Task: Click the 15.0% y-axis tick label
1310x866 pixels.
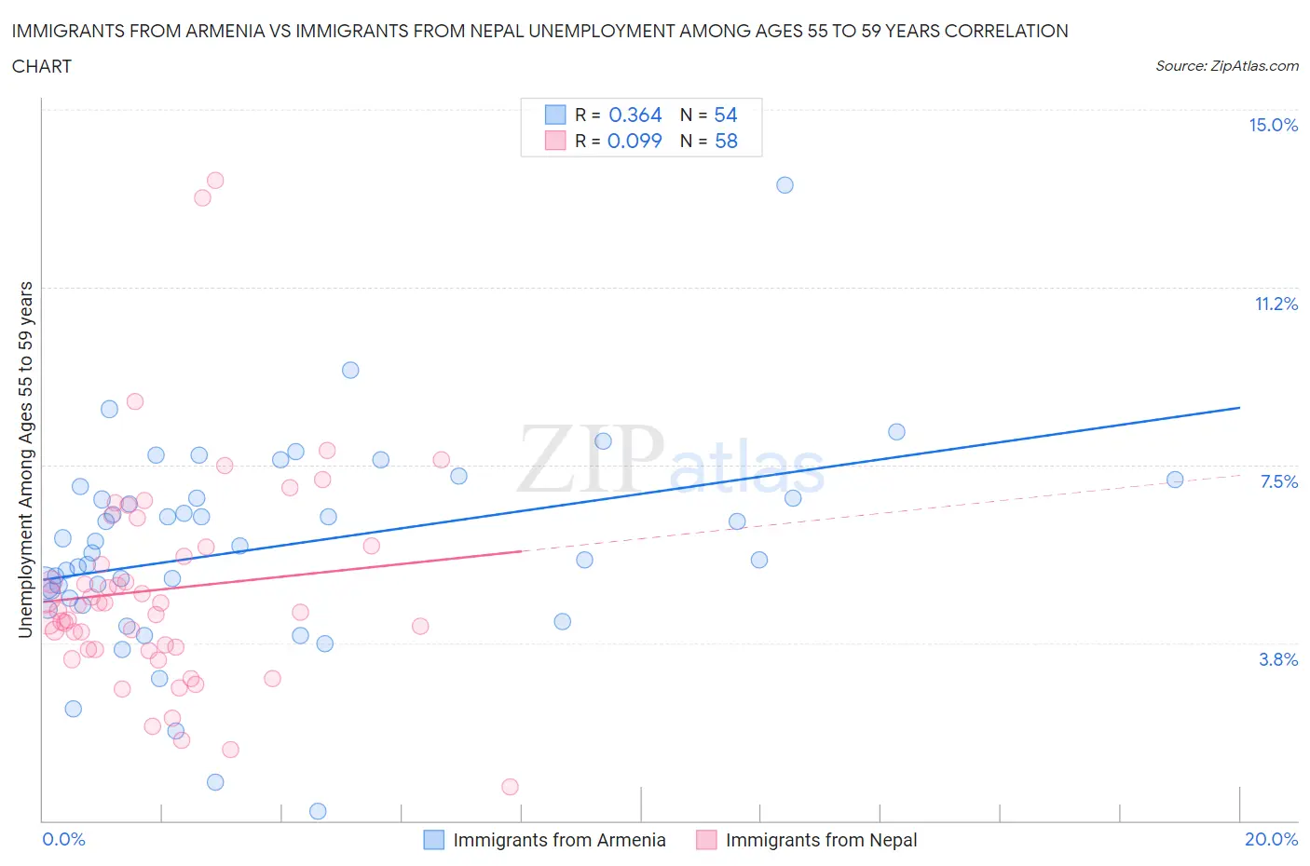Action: click(x=1273, y=126)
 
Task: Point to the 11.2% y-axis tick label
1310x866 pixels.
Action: click(x=1276, y=304)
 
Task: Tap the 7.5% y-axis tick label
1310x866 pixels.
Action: click(x=1278, y=481)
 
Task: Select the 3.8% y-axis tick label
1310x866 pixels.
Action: click(x=1278, y=659)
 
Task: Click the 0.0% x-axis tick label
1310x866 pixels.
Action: click(x=63, y=839)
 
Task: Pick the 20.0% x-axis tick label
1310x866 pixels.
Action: click(x=1271, y=839)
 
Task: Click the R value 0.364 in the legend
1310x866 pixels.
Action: click(x=635, y=115)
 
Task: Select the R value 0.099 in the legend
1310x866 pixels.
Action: click(x=635, y=141)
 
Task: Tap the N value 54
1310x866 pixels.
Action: click(x=725, y=115)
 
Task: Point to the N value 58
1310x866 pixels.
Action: click(x=725, y=141)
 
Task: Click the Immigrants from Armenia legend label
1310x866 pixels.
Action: click(x=559, y=840)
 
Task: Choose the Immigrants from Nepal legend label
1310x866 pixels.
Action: click(x=821, y=840)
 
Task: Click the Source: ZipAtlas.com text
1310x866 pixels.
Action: click(x=1226, y=66)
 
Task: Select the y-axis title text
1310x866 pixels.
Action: click(x=25, y=460)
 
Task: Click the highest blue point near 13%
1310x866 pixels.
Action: click(x=785, y=185)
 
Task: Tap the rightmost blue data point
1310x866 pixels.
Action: click(x=1175, y=480)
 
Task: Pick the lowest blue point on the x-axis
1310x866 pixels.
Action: click(x=318, y=811)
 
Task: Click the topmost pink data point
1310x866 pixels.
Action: click(x=215, y=181)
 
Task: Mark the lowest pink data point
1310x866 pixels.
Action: click(x=510, y=787)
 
